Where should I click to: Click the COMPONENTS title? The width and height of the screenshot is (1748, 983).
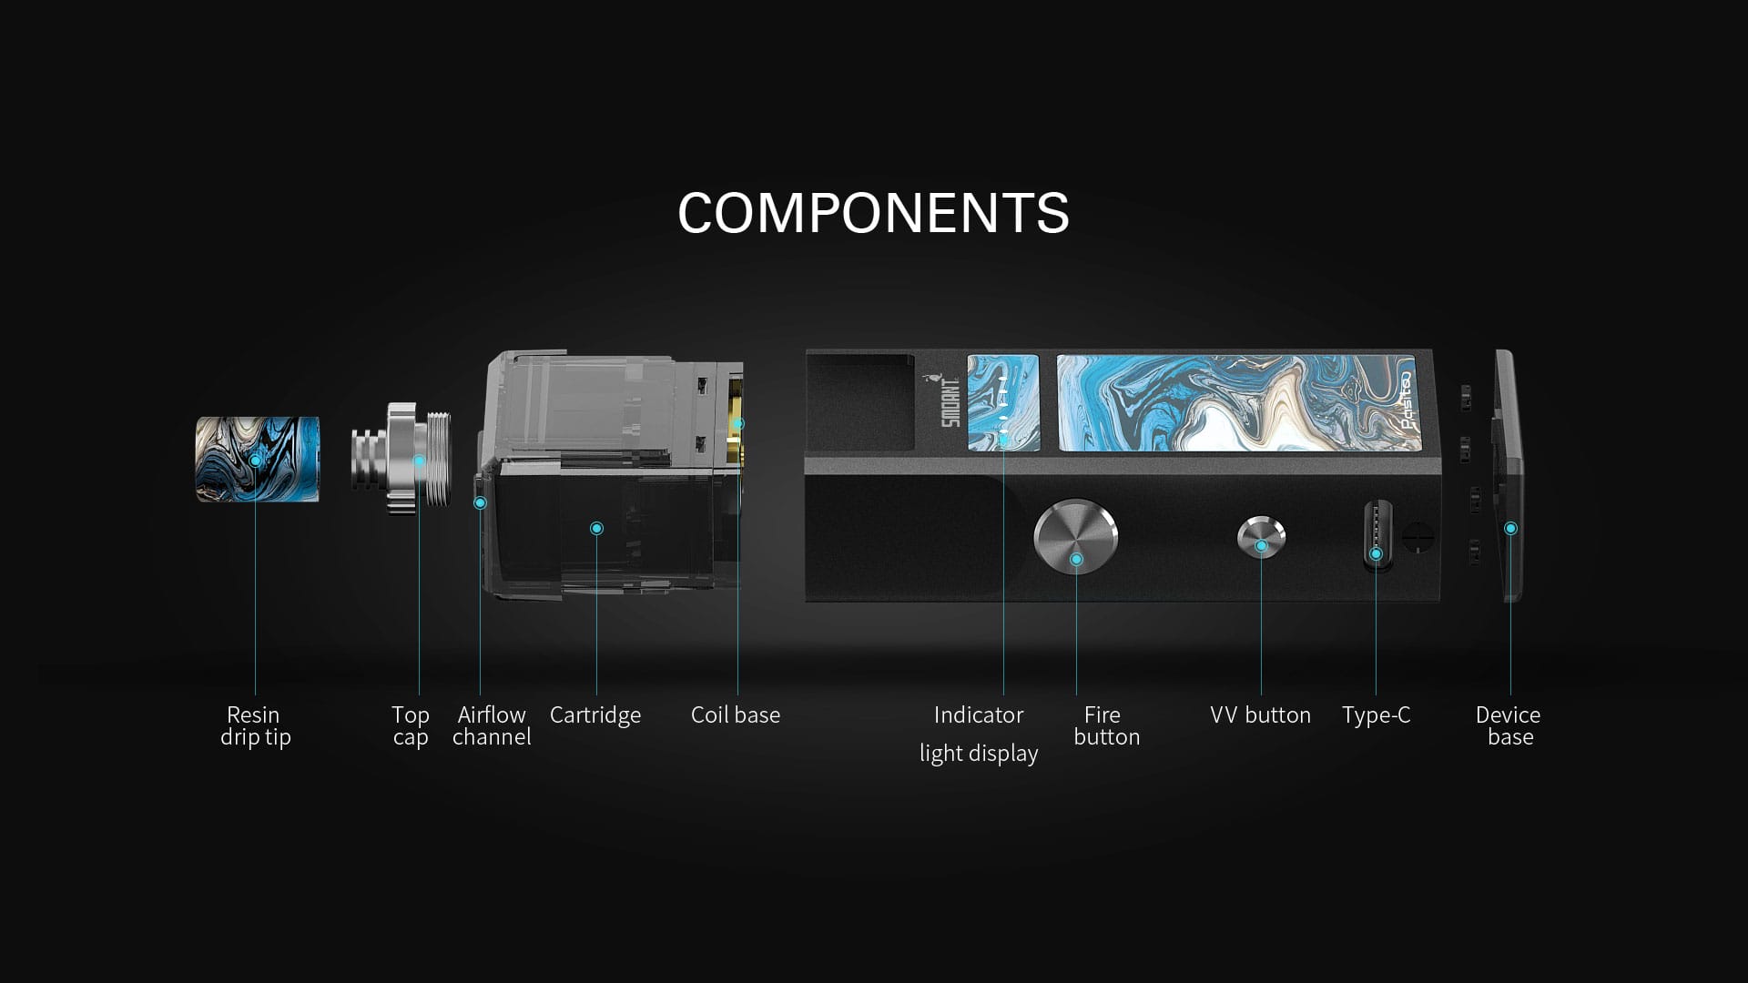pos(873,213)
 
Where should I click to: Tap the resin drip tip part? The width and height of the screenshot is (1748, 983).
pos(258,460)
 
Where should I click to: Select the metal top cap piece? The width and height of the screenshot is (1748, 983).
pos(401,461)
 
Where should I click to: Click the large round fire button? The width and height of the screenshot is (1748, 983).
pos(1075,537)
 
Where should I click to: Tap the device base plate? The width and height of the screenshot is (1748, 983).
pos(1509,475)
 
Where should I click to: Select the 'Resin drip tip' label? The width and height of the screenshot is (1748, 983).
pos(255,725)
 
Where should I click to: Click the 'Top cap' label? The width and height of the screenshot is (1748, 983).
pos(411,725)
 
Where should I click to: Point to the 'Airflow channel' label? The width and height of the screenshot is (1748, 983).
pos(492,725)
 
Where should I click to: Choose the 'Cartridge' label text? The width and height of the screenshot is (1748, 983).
pos(595,714)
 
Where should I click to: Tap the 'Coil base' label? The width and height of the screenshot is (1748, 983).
pos(736,714)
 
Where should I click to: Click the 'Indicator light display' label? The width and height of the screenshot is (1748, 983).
pos(979,734)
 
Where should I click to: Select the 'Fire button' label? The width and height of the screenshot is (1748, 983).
pos(1106,725)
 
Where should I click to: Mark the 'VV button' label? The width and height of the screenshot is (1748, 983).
pos(1260,714)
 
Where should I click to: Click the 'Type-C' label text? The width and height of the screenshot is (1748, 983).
pos(1376,714)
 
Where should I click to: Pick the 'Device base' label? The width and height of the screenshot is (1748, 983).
pos(1509,725)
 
